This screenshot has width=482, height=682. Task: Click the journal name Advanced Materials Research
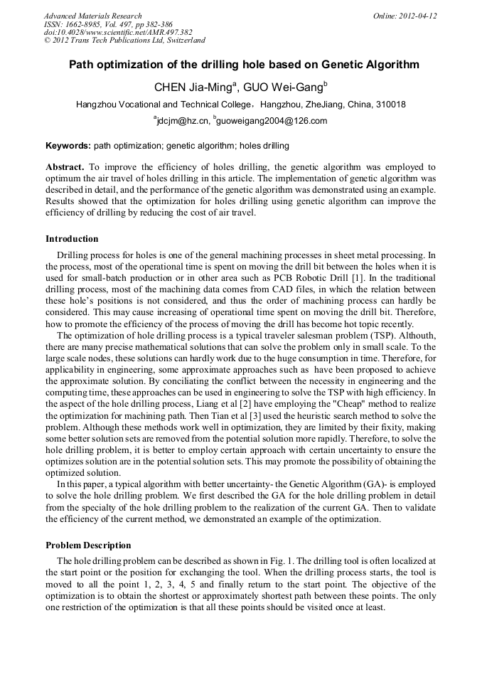tap(92, 16)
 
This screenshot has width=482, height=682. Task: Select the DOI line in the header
tap(118, 32)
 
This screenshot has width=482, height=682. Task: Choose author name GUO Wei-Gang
tap(282, 87)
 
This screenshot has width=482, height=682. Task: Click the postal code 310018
tap(391, 105)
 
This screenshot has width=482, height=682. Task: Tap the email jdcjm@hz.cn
tap(183, 121)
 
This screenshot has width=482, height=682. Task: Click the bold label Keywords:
tap(68, 146)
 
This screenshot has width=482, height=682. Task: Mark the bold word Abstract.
tap(65, 166)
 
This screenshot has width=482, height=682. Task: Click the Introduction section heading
tap(72, 239)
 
